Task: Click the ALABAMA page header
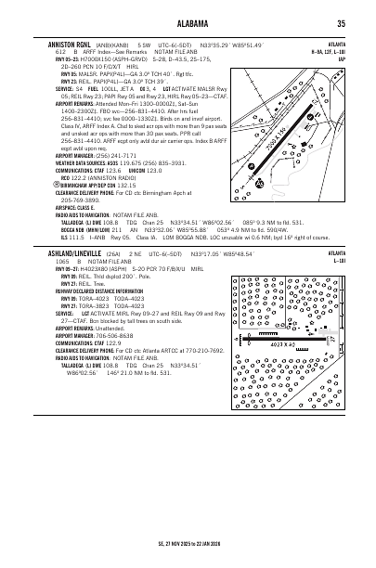tap(188, 24)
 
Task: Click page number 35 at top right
tap(342, 24)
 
